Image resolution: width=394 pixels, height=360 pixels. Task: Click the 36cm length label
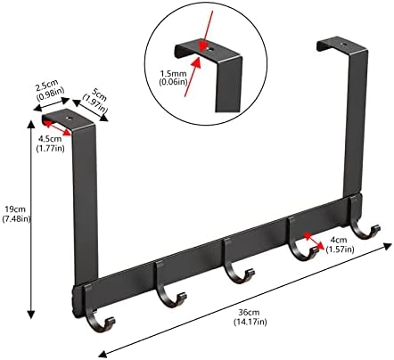coord(250,313)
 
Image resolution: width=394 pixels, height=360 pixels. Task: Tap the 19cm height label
coord(12,209)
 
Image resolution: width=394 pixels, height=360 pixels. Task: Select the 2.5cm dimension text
coord(47,86)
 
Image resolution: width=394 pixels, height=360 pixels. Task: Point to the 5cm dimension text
coord(98,94)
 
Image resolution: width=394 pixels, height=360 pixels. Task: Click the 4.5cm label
coord(50,139)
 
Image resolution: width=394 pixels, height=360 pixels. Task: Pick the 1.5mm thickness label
coord(174,73)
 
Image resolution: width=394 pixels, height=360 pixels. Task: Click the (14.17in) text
coord(250,322)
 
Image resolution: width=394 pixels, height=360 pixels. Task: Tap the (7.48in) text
coord(16,219)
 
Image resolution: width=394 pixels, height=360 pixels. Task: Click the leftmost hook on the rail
coord(95,315)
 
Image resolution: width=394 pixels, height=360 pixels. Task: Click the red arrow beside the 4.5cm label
coord(57,127)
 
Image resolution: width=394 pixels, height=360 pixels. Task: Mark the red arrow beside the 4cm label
coord(314,241)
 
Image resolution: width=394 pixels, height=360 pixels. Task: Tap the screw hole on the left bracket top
coord(70,119)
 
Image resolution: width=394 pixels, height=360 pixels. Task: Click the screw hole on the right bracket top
coord(344,45)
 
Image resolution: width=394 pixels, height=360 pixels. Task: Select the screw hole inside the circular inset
coord(210,50)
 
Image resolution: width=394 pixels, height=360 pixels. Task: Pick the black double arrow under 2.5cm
coord(52,104)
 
